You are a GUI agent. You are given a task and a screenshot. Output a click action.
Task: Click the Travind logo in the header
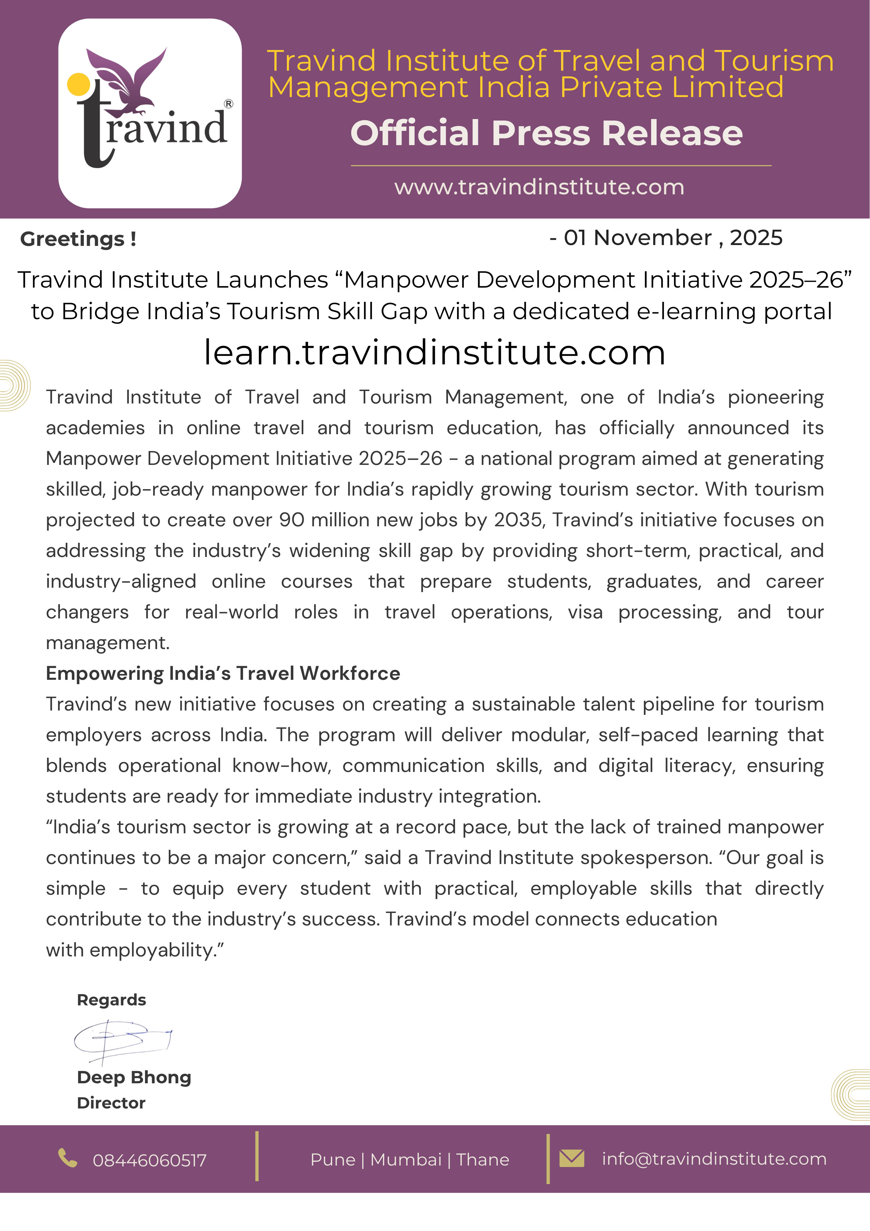pos(150,114)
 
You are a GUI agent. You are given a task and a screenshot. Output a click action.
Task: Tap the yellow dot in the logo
pos(79,85)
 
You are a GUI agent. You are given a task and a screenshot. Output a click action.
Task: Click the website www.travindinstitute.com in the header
pos(539,187)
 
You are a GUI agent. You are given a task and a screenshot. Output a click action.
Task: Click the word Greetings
pos(72,239)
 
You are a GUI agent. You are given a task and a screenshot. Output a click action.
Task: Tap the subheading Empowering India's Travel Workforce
pos(223,673)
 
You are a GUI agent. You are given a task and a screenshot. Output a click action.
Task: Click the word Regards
pos(111,1000)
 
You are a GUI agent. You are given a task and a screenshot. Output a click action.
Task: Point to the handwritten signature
pos(122,1040)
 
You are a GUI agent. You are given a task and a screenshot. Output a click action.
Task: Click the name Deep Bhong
pos(134,1077)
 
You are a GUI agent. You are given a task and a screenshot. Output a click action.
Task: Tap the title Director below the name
pos(111,1103)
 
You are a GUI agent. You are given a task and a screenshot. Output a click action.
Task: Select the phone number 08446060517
pos(150,1160)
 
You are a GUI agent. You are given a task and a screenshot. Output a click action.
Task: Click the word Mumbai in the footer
pos(406,1160)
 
